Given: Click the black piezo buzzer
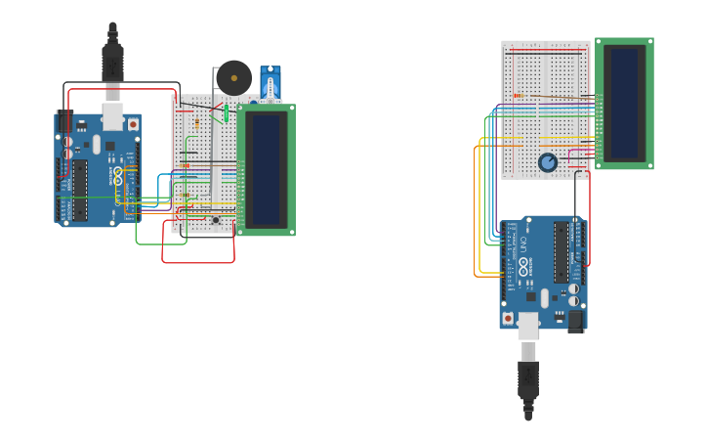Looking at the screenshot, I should point(233,77).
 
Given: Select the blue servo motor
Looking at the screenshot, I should point(270,84).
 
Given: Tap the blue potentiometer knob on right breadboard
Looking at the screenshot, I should point(548,162).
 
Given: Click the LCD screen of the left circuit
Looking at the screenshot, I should point(266,169).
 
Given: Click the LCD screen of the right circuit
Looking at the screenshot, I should point(624,103).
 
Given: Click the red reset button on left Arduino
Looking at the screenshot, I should point(133,124).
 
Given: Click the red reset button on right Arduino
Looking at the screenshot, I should point(508,318).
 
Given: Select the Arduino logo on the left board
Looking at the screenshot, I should point(119,177).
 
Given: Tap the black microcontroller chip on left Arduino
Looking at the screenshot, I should point(80,190).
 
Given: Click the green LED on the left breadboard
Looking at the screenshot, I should point(227,114).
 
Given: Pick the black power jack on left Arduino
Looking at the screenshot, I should point(65,122).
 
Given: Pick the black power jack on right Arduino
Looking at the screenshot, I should point(575,320).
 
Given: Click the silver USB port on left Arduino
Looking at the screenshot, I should point(113,117).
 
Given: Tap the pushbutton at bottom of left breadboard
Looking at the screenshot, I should point(216,220).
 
